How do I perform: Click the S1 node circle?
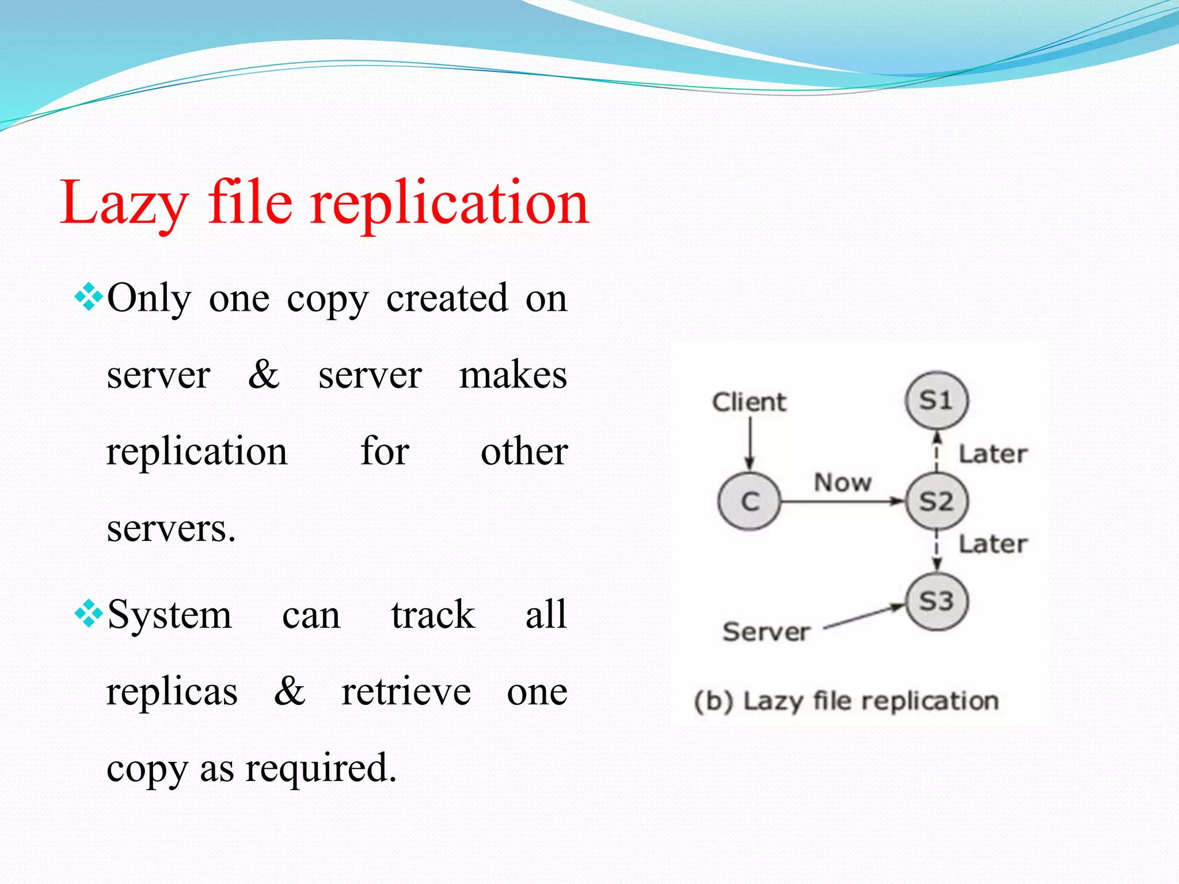(937, 401)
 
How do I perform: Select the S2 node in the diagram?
(937, 501)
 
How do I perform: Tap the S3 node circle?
(937, 602)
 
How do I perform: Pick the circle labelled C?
(750, 501)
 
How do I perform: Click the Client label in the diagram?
(748, 402)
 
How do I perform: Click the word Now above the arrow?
(843, 482)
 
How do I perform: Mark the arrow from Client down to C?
(750, 443)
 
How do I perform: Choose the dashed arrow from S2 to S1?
(937, 451)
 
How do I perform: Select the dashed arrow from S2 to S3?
(937, 551)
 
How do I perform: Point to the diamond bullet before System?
(89, 614)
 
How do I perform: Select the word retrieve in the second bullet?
(406, 691)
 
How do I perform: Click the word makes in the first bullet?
(513, 375)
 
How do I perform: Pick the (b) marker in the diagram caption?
(714, 702)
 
